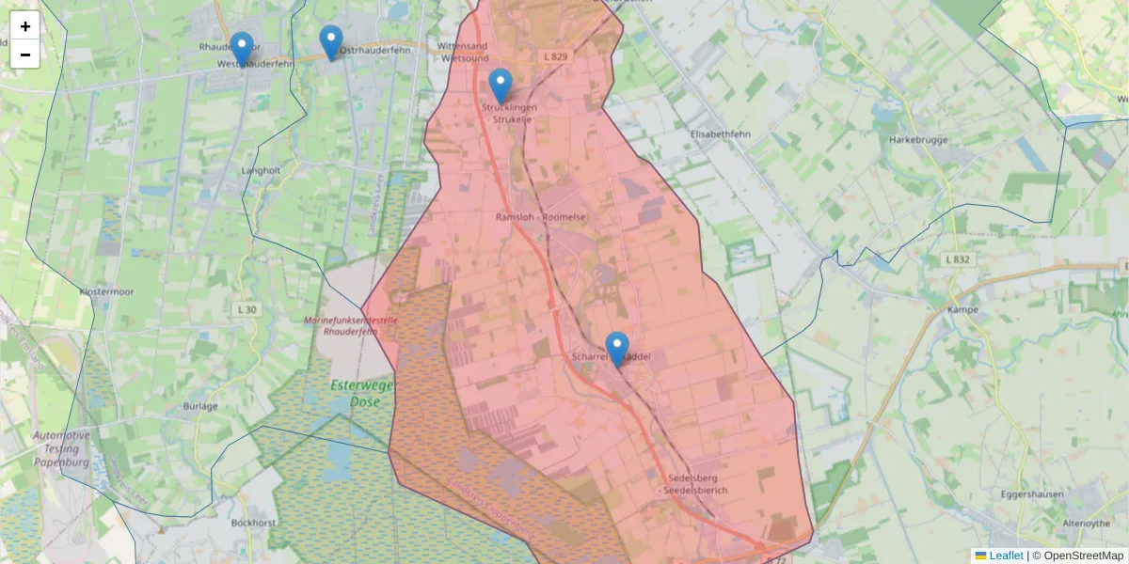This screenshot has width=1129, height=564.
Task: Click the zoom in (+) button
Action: coord(25,26)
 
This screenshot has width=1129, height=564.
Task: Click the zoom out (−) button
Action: coord(25,55)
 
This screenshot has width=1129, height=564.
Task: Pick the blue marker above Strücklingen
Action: coord(501,86)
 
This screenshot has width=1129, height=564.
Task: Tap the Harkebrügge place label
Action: coord(917,139)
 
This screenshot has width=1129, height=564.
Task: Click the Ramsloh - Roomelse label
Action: coord(541,217)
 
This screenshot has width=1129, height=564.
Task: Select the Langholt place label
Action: coord(261,170)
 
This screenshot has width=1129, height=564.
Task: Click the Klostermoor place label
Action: coord(107,291)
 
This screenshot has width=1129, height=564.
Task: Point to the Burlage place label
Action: coord(201,406)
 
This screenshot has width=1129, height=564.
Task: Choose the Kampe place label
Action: coord(963,309)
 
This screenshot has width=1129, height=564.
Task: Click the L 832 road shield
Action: coord(957,258)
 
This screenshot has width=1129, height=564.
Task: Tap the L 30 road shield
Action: coord(247,308)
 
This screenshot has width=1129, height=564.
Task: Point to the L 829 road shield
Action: coord(556,57)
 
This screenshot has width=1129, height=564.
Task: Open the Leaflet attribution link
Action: coord(1006,556)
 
